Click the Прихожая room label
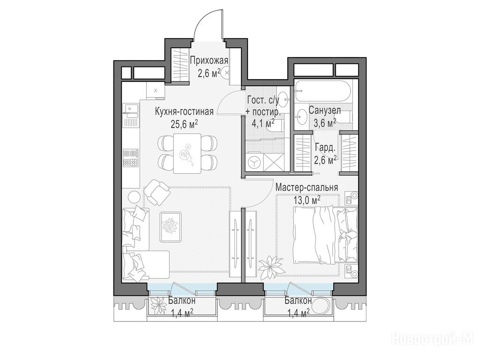[x=209, y=60]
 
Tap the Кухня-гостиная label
[x=184, y=112]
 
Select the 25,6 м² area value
[x=184, y=124]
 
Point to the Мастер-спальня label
[x=307, y=187]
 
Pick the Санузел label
[x=325, y=110]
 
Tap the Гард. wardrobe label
[x=325, y=149]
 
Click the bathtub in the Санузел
[x=322, y=92]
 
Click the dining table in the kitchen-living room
[x=187, y=153]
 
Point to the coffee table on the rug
[x=171, y=226]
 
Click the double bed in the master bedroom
[x=325, y=234]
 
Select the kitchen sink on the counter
[x=131, y=108]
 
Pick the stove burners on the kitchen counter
[x=131, y=157]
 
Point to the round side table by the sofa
[x=134, y=196]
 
